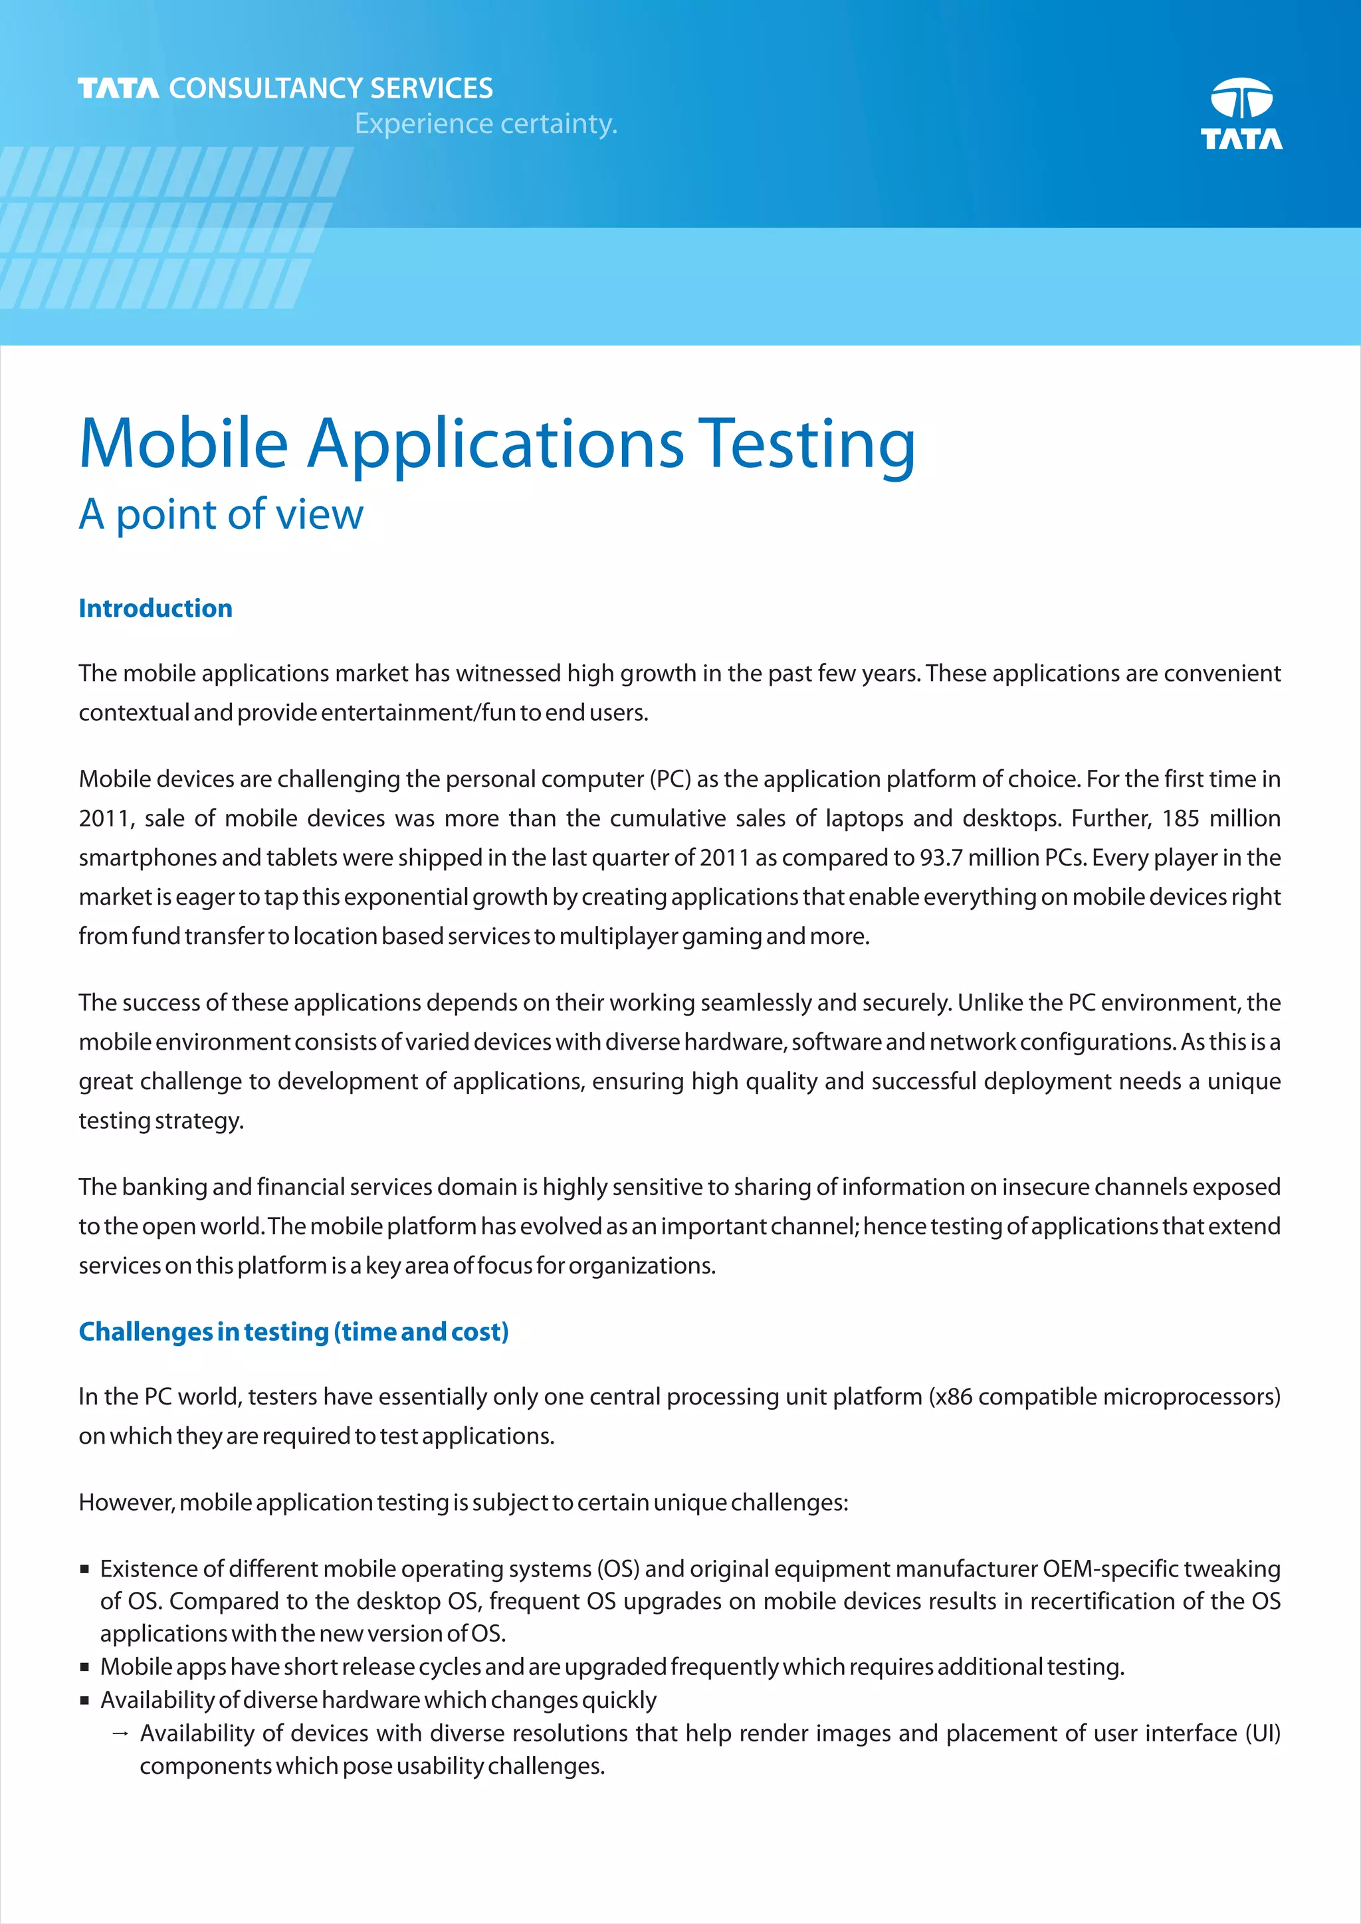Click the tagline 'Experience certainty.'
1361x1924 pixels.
485,124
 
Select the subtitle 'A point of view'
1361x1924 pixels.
221,514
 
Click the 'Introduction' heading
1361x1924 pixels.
156,609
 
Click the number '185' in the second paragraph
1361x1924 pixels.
1180,818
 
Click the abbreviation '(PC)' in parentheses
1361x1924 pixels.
670,779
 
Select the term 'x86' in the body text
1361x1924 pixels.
953,1397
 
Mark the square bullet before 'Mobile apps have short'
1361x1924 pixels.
84,1667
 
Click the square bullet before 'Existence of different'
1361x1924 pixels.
84,1569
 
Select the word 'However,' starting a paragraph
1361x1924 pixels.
126,1503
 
